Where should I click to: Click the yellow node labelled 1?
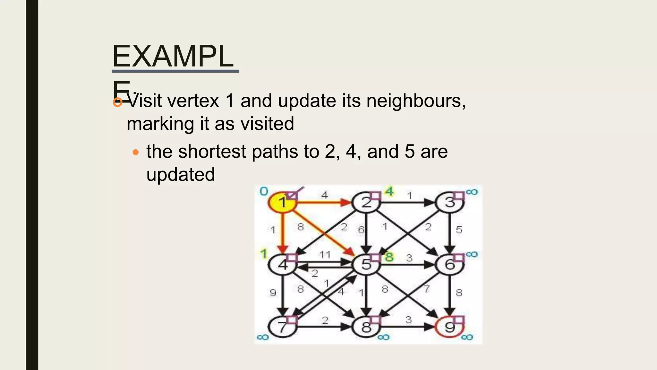coord(282,203)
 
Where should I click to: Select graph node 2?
coord(366,203)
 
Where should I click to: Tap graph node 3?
coord(449,203)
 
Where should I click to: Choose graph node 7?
coord(282,327)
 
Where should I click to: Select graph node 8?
coord(366,327)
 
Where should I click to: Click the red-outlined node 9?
coord(449,327)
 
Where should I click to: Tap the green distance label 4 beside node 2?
coord(389,192)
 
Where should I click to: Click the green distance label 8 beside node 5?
coord(389,257)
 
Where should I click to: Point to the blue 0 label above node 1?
coord(264,191)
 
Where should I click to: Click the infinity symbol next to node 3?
coord(472,192)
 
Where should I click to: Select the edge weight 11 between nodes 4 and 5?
coord(325,255)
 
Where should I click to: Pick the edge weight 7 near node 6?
coord(426,289)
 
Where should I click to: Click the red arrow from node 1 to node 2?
coord(324,203)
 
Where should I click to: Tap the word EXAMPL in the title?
coord(173,57)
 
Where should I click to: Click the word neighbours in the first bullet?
coord(416,101)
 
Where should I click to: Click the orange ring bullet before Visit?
coord(118,102)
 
